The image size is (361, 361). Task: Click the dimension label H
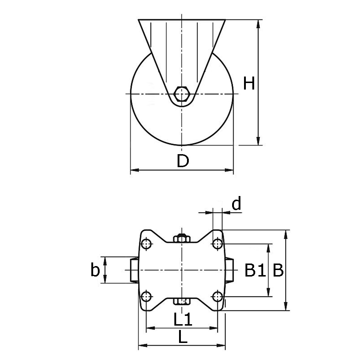pyautogui.click(x=249, y=83)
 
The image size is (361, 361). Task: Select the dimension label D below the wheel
pyautogui.click(x=183, y=161)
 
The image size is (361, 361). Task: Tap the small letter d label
pyautogui.click(x=236, y=204)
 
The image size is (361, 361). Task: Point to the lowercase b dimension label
pyautogui.click(x=95, y=270)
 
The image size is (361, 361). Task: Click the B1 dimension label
pyautogui.click(x=255, y=270)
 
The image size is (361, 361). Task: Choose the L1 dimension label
pyautogui.click(x=182, y=320)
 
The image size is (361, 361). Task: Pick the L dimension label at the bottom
pyautogui.click(x=183, y=338)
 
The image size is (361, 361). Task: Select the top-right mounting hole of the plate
pyautogui.click(x=217, y=244)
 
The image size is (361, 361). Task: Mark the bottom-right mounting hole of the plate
pyautogui.click(x=217, y=297)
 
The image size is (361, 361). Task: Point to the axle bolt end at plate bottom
pyautogui.click(x=182, y=301)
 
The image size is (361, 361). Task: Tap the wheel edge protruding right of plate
pyautogui.click(x=230, y=270)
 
